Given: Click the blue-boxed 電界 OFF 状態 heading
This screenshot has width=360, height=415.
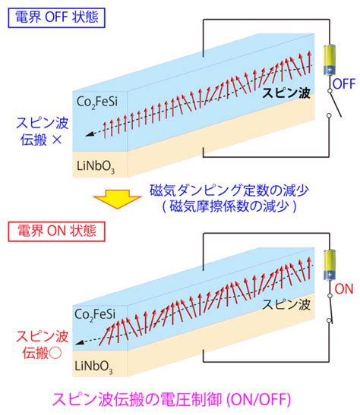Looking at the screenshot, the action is tap(57, 17).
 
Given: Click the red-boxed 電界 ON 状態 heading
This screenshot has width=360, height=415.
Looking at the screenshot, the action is tap(57, 231).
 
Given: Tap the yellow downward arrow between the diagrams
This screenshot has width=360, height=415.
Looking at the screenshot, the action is tap(117, 199).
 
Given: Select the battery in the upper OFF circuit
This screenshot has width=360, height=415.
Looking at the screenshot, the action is tap(330, 60).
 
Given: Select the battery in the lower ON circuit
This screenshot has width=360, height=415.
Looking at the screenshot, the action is tap(330, 265).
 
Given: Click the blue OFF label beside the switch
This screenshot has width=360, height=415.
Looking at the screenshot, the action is tap(344, 84).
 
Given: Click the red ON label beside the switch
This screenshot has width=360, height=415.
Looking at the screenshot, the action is tap(344, 289).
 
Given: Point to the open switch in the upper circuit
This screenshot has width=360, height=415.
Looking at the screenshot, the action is tap(334, 103).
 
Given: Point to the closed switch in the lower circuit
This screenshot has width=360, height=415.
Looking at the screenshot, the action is tap(330, 308).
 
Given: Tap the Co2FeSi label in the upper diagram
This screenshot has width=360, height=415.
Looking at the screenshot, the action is tap(97, 102).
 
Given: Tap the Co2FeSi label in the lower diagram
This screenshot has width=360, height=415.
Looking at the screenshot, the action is tap(95, 315).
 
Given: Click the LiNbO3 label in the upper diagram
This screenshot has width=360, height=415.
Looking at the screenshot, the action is tap(96, 167).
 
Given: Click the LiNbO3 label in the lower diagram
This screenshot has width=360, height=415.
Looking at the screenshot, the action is tap(93, 367).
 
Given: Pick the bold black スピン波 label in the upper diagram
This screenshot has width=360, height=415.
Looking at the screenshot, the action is tap(286, 93).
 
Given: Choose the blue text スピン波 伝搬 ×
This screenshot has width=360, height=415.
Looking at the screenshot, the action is tap(42, 131).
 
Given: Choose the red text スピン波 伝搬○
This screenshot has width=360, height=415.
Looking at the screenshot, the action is tap(42, 345).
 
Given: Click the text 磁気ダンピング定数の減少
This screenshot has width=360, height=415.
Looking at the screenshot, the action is tap(229, 190).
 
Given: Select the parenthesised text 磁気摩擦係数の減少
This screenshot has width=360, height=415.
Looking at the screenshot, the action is tap(229, 206).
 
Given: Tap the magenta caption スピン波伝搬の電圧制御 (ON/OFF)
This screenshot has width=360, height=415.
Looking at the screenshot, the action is tap(172, 399).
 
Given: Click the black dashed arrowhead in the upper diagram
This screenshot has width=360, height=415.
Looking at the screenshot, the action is tap(90, 134).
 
